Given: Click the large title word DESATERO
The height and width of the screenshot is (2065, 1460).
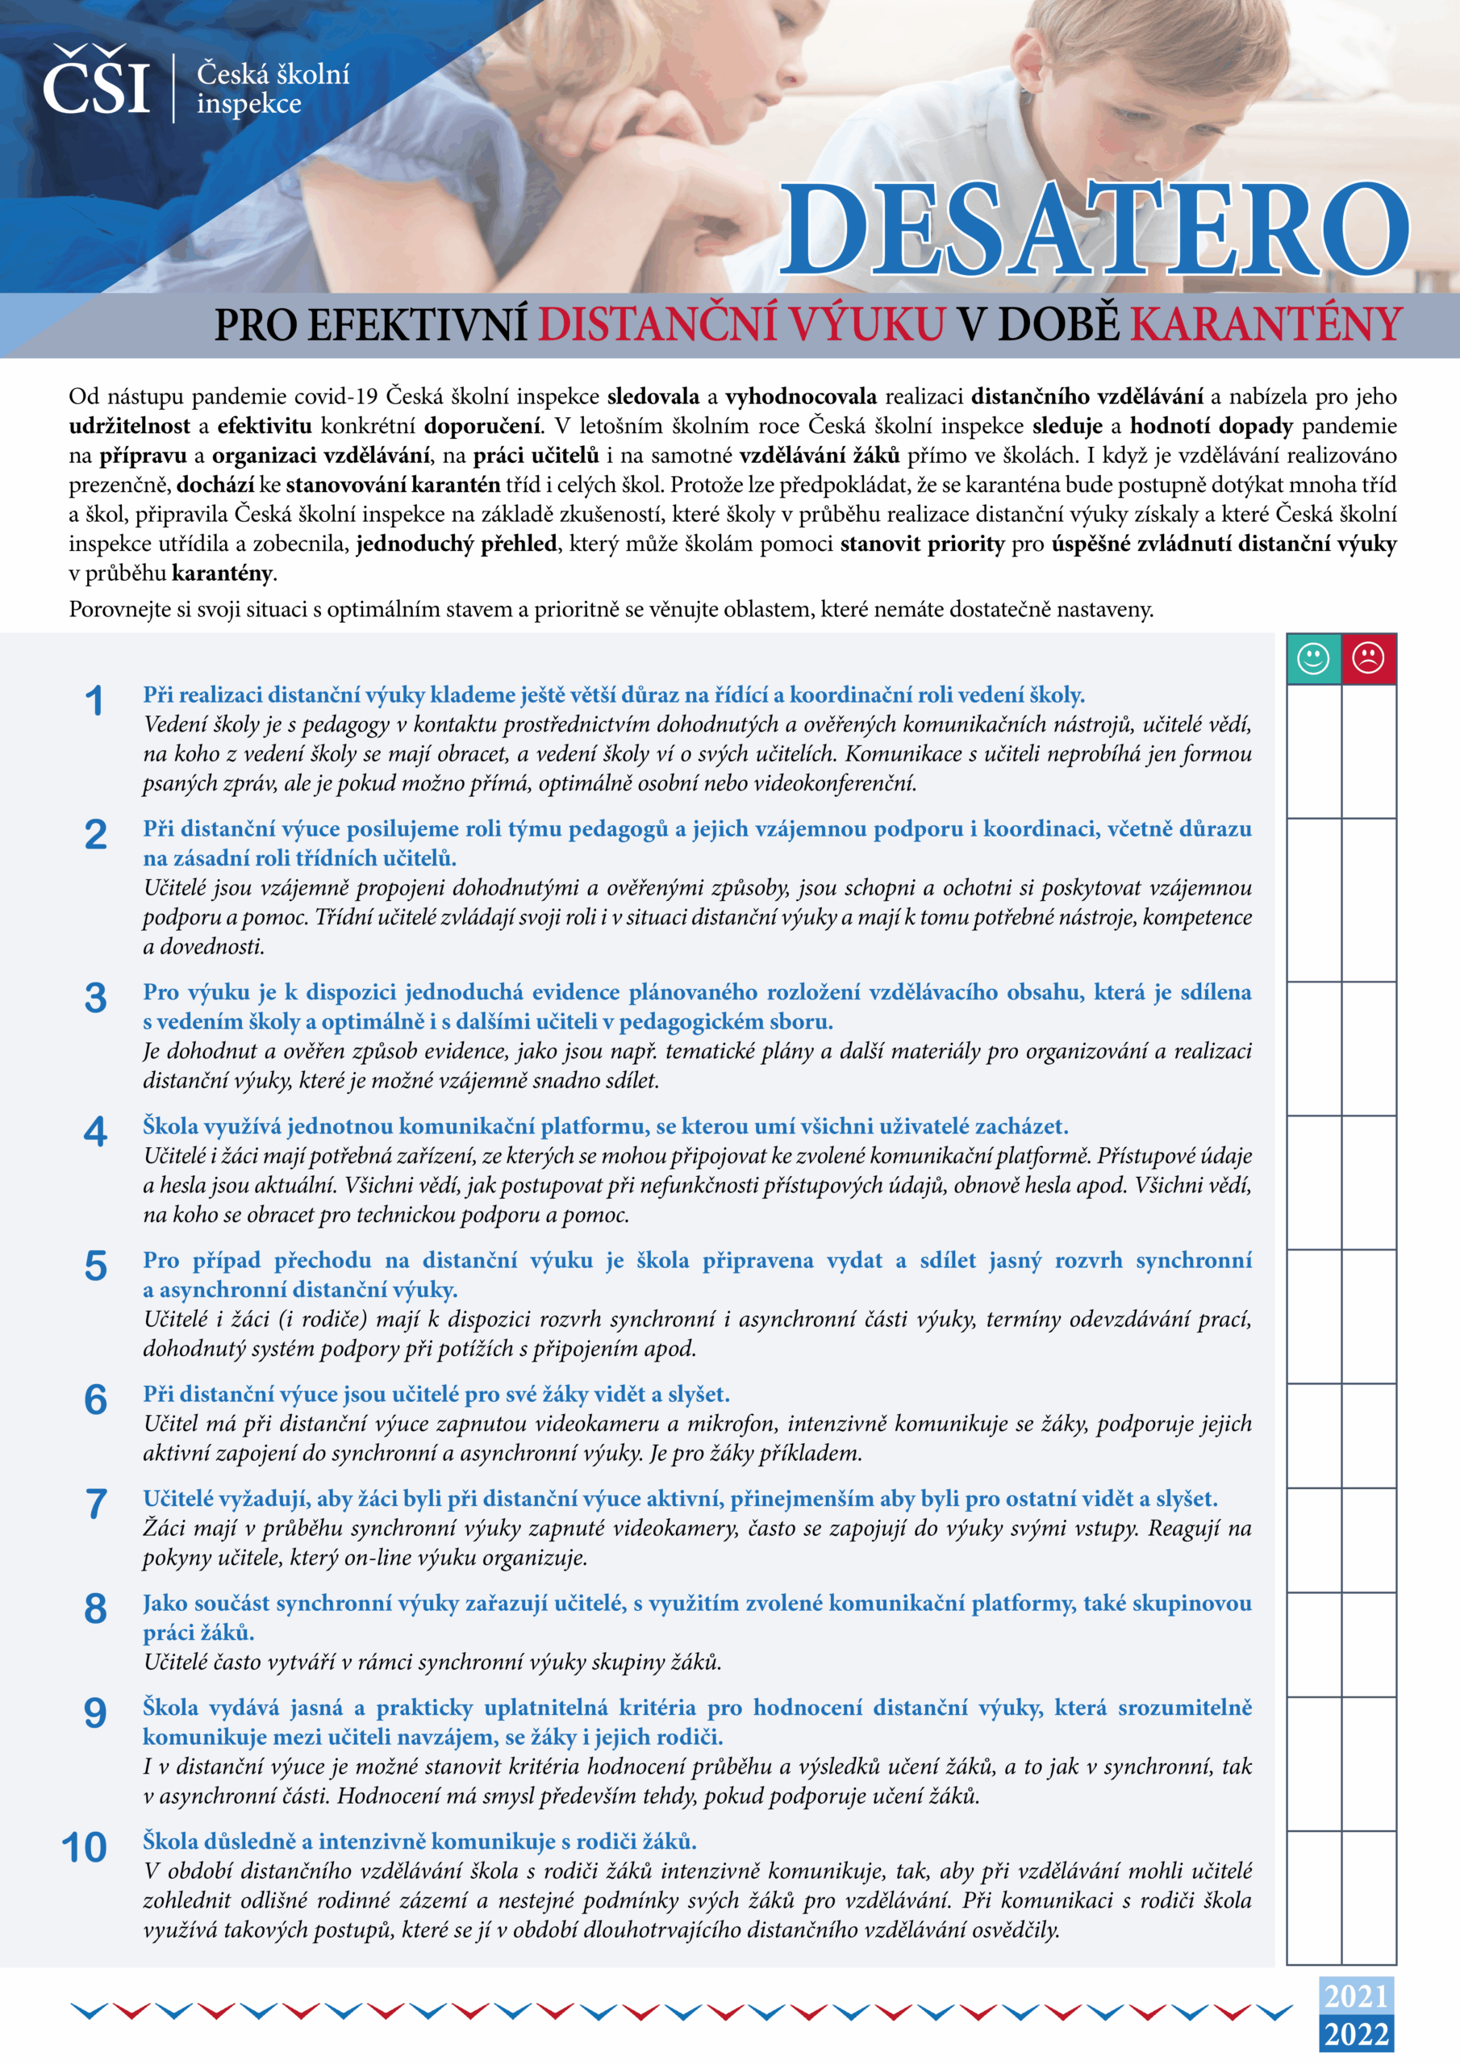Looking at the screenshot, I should click(1092, 229).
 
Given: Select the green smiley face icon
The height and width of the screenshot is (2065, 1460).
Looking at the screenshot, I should click(1313, 658).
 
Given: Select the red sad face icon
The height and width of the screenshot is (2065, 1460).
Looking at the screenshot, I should click(1368, 658).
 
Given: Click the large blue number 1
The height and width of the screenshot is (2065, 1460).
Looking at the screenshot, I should click(94, 702).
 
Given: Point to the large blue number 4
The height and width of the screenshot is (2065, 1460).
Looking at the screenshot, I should click(95, 1133).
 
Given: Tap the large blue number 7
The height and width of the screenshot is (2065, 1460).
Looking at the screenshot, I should click(95, 1504).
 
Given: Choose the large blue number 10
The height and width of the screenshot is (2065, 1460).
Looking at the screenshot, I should click(85, 1847).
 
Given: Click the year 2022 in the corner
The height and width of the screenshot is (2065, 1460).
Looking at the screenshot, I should click(1357, 2034).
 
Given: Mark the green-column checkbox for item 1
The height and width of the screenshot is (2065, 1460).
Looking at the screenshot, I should click(1313, 751).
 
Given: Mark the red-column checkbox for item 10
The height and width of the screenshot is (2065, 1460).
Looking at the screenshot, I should click(1368, 1898).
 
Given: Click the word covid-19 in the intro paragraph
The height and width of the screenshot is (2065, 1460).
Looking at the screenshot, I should click(336, 397).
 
